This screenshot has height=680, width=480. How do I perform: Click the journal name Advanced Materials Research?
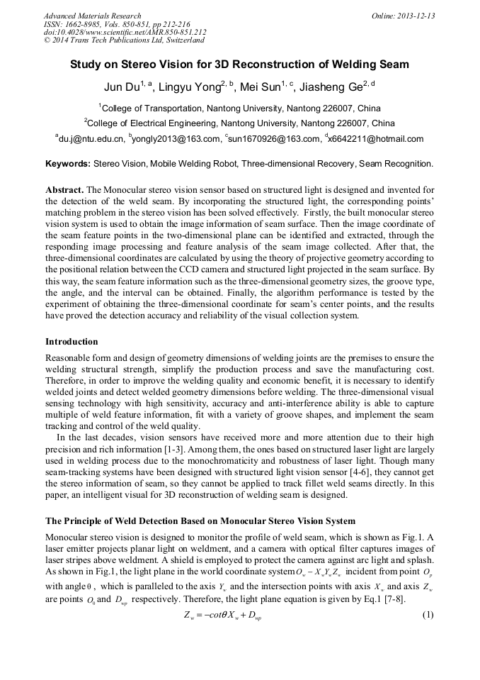tap(93, 16)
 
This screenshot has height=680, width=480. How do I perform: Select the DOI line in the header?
tap(125, 33)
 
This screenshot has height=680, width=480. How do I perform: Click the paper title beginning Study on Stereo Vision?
tap(239, 65)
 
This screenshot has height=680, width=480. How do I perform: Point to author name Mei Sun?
tap(261, 89)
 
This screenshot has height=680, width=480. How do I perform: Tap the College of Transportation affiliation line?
tap(239, 108)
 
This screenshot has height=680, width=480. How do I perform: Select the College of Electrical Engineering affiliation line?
tap(239, 123)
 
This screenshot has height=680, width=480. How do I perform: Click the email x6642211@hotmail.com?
tap(376, 139)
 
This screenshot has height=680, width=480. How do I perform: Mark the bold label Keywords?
tap(68, 164)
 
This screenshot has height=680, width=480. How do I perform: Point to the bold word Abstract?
tap(64, 191)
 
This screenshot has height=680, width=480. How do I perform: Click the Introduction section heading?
tap(72, 341)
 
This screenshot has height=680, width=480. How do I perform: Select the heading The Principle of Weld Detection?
tap(200, 521)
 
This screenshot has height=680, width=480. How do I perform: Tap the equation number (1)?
tap(427, 614)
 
